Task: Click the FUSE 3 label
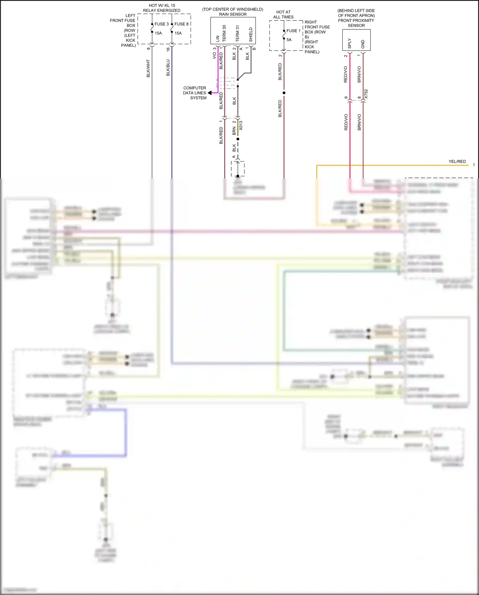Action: (162, 24)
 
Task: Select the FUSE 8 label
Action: (181, 24)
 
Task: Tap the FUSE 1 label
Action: (293, 31)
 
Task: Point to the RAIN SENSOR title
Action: (233, 14)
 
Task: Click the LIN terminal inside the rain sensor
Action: (218, 38)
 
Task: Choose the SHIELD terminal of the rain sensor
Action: (251, 35)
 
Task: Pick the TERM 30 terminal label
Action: (224, 33)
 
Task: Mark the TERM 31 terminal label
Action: (237, 33)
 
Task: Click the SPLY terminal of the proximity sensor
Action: (350, 43)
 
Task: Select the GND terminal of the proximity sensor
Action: (363, 44)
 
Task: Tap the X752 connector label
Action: (366, 94)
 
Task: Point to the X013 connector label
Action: (241, 125)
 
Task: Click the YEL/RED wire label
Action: (457, 161)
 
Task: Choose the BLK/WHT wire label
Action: (148, 68)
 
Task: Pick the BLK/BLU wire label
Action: (168, 68)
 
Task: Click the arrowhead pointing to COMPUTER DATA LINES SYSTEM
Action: (209, 93)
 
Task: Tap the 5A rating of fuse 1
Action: (289, 40)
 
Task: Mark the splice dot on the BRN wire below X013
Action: (238, 139)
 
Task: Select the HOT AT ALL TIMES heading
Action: (283, 14)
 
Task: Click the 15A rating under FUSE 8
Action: (178, 33)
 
